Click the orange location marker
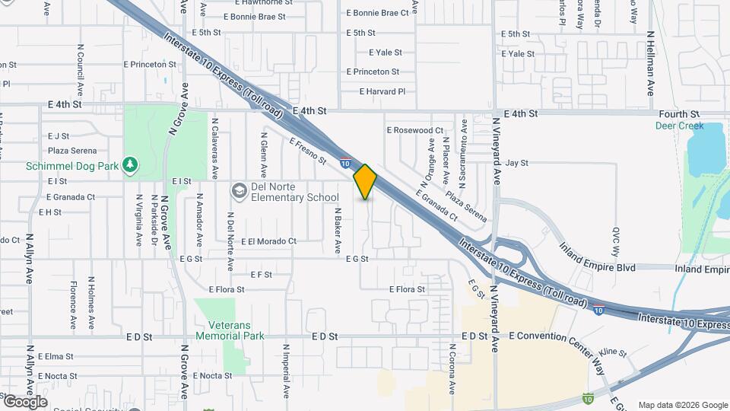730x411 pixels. (x=365, y=181)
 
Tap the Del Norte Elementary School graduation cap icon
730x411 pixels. (x=239, y=190)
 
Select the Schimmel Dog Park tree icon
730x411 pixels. (x=132, y=164)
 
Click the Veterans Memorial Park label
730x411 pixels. (x=230, y=330)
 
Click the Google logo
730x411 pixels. (x=25, y=401)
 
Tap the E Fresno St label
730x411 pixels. (x=307, y=150)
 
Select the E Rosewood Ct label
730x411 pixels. (x=414, y=130)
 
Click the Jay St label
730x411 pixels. (x=517, y=163)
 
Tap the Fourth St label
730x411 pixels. (x=679, y=114)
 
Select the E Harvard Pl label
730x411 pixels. (x=382, y=91)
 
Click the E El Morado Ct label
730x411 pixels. (x=268, y=241)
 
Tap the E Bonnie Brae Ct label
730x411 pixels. (x=377, y=13)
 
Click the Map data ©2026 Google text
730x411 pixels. (x=682, y=405)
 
